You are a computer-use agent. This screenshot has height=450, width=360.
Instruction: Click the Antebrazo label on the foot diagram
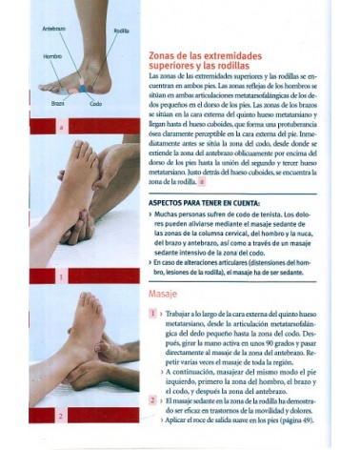[x=53, y=30]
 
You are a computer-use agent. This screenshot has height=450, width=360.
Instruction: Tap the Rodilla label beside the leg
[x=121, y=31]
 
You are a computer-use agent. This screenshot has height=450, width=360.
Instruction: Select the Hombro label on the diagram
[x=51, y=56]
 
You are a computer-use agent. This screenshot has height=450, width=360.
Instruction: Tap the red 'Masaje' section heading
[x=166, y=294]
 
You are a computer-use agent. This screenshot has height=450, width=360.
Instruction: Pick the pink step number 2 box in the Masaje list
[x=152, y=399]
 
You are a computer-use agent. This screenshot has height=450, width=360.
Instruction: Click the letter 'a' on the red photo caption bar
[x=61, y=126]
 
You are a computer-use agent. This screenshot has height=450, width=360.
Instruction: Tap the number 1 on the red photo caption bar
[x=61, y=277]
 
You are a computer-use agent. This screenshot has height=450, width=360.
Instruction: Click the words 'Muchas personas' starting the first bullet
[x=180, y=216]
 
